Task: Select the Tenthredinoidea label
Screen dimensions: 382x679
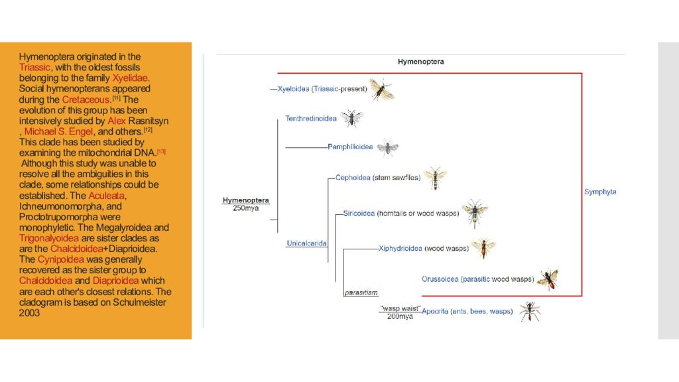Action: coord(310,119)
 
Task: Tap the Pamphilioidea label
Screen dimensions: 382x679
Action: coord(350,147)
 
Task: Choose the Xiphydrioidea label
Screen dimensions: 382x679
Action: coord(400,249)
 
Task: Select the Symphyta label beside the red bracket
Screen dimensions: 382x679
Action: coord(600,192)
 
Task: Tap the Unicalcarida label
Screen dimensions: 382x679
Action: coord(306,243)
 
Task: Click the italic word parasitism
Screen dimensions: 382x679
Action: coord(361,292)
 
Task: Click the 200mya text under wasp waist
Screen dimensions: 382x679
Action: coord(400,316)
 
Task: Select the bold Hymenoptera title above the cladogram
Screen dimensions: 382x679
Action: coord(420,62)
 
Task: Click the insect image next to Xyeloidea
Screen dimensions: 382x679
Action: coord(381,89)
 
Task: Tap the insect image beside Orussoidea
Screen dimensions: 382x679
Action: coord(548,279)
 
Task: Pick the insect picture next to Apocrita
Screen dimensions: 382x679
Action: coord(529,311)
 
